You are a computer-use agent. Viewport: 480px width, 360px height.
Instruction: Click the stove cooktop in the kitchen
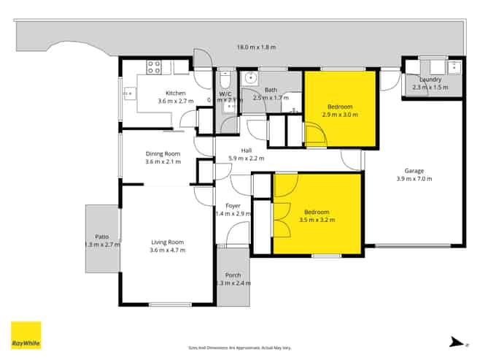pos(154,67)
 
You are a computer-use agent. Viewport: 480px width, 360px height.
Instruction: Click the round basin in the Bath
pos(251,77)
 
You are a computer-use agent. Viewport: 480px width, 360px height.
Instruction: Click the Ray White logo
pos(26,335)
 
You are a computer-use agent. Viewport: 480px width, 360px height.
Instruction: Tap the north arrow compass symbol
pos(455,340)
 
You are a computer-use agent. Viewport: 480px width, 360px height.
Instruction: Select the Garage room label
pos(409,171)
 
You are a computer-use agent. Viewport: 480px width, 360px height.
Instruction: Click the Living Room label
pos(167,242)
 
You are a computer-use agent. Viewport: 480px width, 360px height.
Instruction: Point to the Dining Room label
pos(163,153)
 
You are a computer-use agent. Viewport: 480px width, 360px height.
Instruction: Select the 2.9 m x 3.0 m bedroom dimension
pos(339,115)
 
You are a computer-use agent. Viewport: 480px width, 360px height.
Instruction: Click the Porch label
pos(233,275)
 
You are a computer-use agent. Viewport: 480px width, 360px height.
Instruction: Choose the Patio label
pos(101,237)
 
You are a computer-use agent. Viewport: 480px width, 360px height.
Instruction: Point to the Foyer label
pos(233,205)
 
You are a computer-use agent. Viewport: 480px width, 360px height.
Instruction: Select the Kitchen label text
pos(175,93)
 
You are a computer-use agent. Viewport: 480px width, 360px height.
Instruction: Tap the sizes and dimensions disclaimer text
pos(239,348)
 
